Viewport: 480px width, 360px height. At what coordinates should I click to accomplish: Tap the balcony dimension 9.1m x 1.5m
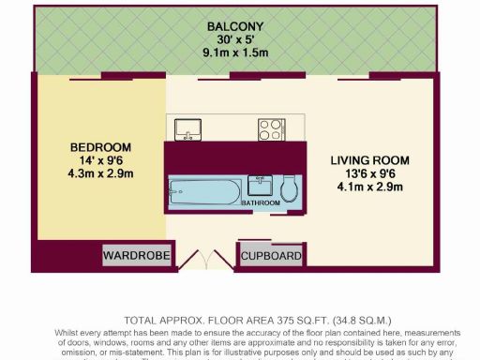(x=236, y=53)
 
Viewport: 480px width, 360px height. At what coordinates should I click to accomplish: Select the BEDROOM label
(x=101, y=147)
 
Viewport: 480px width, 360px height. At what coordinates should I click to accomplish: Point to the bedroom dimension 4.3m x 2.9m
(x=101, y=174)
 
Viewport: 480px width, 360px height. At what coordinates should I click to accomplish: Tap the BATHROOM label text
(x=261, y=202)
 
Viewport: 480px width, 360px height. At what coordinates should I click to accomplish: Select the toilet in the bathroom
(x=290, y=187)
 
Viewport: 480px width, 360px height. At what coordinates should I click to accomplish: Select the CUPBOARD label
(x=272, y=255)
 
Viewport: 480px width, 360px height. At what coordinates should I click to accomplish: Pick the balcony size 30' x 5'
(x=236, y=40)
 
